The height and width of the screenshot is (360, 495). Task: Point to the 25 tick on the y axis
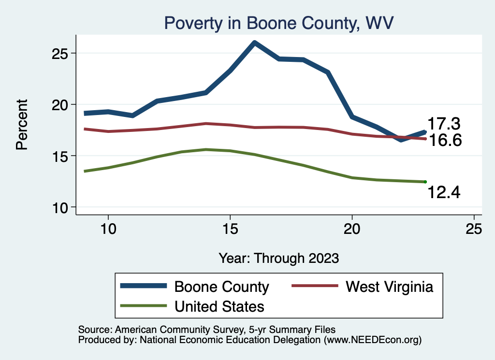[x=62, y=53]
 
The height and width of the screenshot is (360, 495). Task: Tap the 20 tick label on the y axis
[x=62, y=104]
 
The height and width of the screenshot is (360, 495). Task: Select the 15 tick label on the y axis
[x=62, y=156]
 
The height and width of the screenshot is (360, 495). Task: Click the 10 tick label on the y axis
[x=62, y=208]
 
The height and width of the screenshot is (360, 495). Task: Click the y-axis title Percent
[x=22, y=124]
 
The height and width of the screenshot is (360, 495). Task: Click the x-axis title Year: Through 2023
[x=279, y=258]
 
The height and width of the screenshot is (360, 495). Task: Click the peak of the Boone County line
[x=254, y=43]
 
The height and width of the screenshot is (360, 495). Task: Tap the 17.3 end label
[x=443, y=124]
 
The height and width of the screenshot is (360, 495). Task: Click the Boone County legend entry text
[x=221, y=287]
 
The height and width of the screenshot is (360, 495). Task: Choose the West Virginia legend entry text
[x=389, y=287]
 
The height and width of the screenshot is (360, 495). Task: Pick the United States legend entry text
[x=219, y=306]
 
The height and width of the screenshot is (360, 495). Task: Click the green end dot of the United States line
[x=425, y=182]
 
